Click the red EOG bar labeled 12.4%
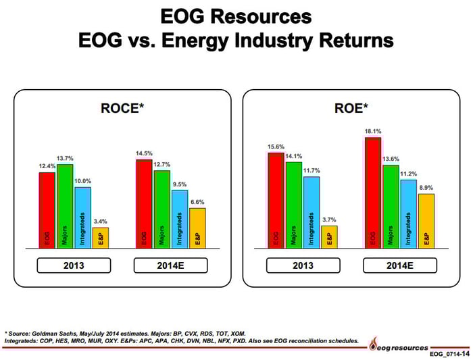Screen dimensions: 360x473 coord(46,210)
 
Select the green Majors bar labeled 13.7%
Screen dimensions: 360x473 coord(65,206)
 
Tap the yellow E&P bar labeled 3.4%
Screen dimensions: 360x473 coord(100,238)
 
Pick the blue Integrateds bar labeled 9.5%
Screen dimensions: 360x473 coord(179,219)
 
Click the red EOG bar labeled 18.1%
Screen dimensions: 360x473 coord(372,192)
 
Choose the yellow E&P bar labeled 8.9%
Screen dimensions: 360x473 coord(426,221)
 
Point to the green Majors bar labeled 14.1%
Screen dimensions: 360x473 coord(294,205)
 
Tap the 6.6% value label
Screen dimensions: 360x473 coord(197,202)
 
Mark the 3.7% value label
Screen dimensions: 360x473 coord(329,220)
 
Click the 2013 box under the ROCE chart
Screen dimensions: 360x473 coord(74,265)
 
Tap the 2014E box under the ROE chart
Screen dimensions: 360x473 coord(399,265)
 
